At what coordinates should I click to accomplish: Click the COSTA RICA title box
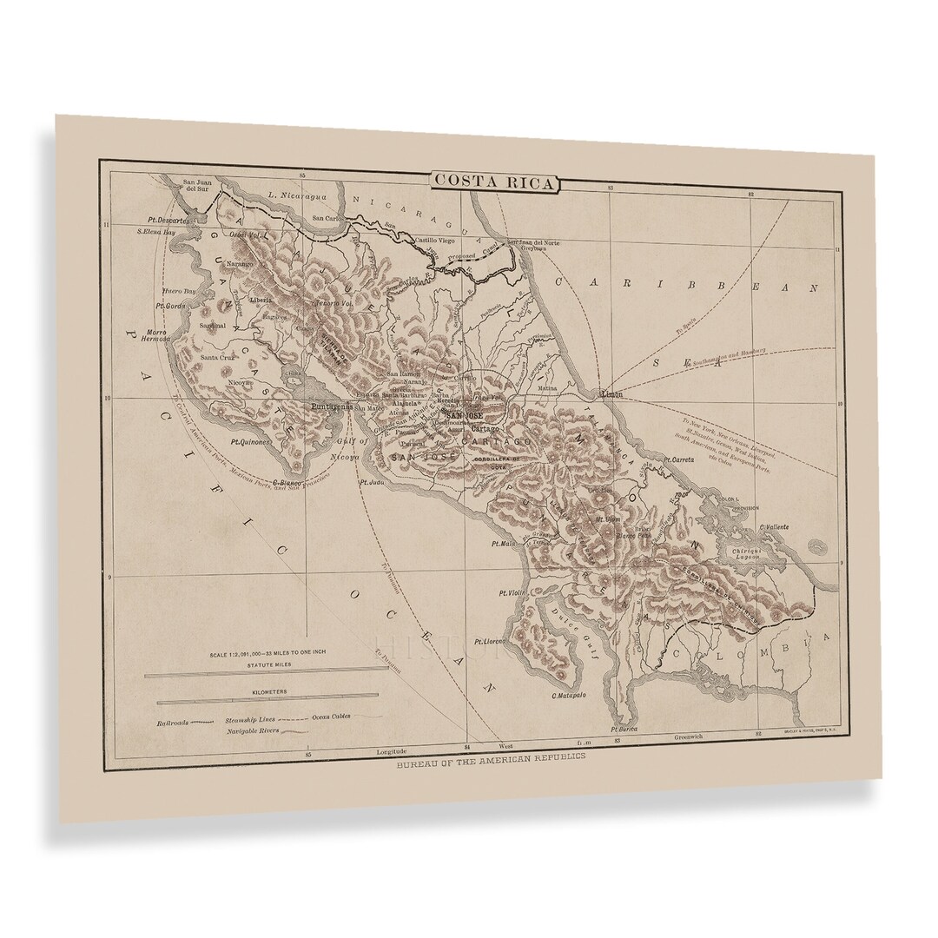click(498, 182)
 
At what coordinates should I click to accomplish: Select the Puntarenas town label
click(331, 405)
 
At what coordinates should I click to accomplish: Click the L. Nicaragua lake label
click(295, 195)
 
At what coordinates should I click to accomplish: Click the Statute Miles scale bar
click(266, 671)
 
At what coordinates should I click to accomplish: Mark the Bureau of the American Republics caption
click(491, 756)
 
